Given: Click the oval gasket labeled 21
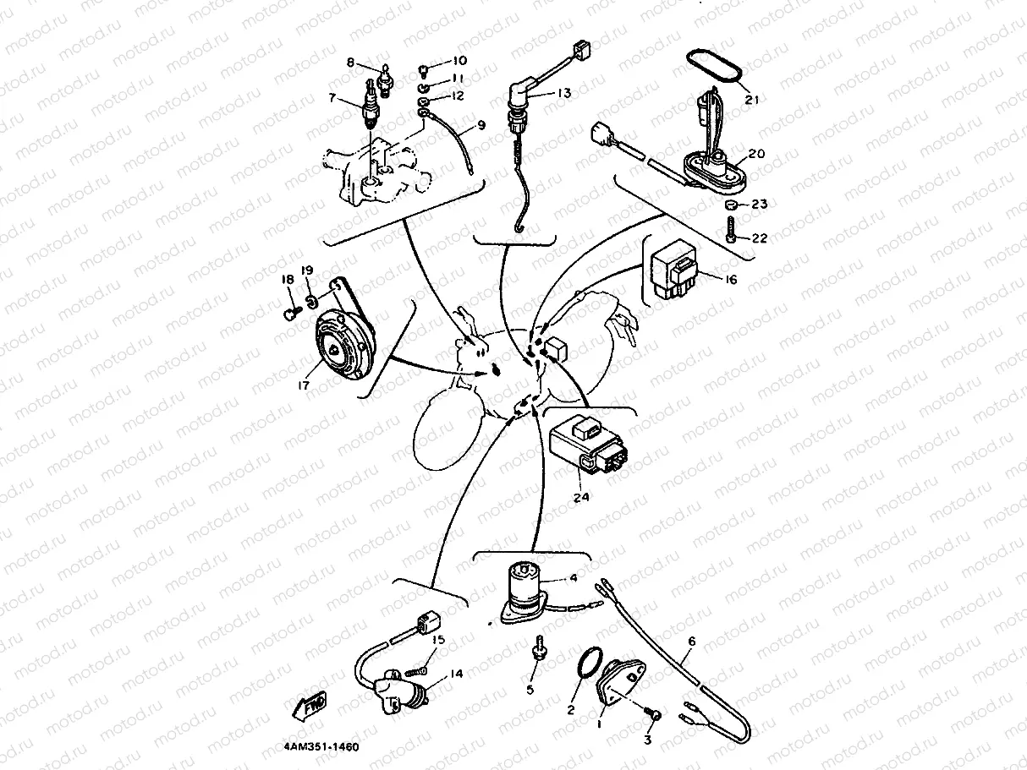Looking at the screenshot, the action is point(714,68).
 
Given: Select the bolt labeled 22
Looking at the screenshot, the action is point(730,230).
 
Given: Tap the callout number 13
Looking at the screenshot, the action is point(564,94).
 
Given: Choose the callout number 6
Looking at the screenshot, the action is point(691,642).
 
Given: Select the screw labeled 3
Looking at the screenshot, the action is point(653,716).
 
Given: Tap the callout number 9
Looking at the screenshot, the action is point(481,125).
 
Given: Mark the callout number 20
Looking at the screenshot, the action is point(755,154).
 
